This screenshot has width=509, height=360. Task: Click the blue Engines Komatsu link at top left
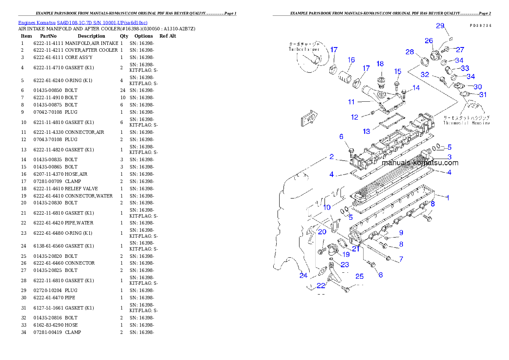point(83,23)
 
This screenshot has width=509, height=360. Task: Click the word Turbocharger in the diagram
point(304,50)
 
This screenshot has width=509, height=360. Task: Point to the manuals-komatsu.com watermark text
point(420,163)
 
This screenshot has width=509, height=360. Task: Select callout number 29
point(440,26)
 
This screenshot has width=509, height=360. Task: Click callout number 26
point(429,41)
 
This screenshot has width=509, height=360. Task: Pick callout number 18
point(380,64)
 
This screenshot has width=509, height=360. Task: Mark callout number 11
point(351,102)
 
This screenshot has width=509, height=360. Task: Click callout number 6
point(341,137)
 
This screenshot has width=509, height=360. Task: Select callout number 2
point(331,157)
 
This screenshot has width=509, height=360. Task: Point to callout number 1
point(447,198)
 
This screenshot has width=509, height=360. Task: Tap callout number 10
point(327,207)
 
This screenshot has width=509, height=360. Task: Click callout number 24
point(303,275)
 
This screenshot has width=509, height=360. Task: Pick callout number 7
point(401,259)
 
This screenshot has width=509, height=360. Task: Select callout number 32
point(425,74)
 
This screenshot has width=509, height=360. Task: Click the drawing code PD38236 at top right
point(479,26)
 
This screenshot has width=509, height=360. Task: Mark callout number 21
point(355,249)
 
